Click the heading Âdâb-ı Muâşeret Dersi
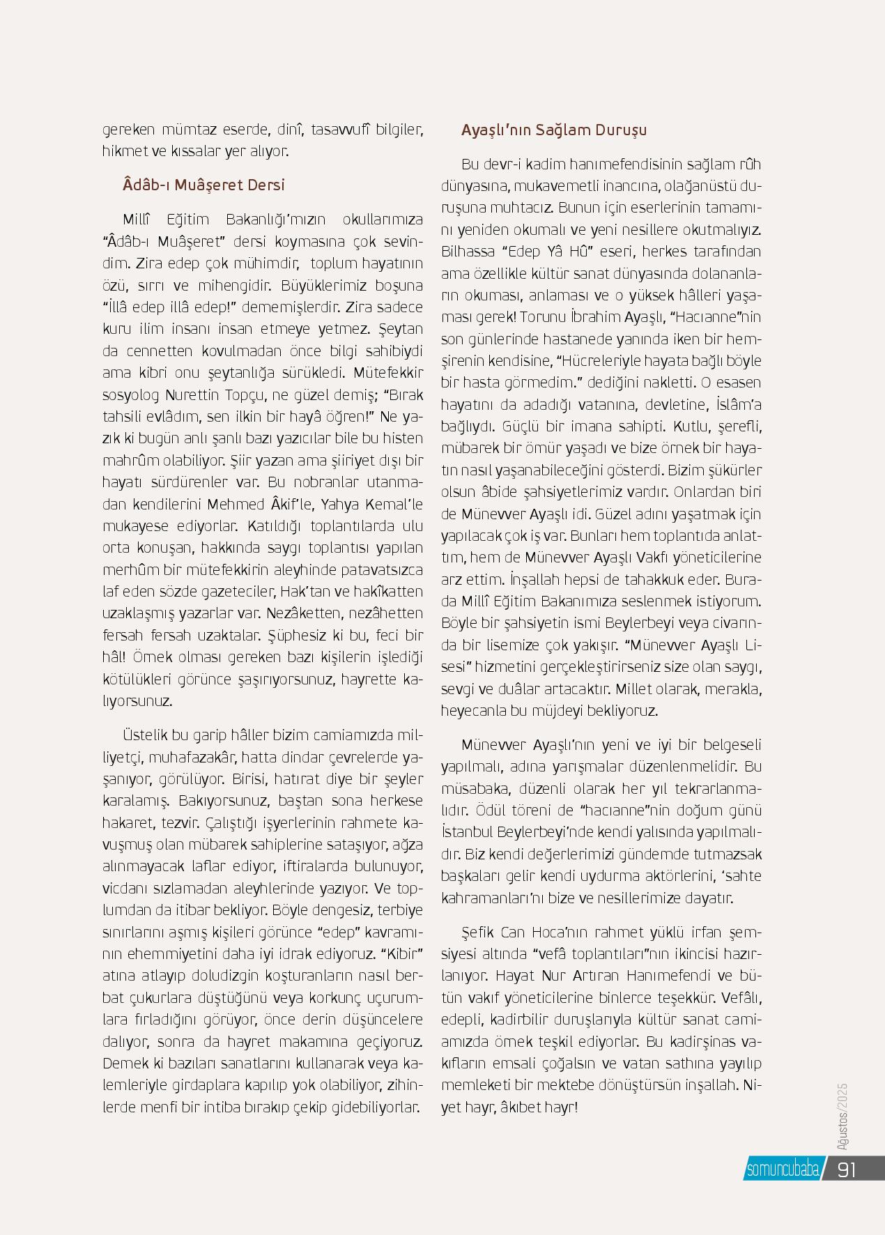click(203, 185)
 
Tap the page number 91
click(847, 1169)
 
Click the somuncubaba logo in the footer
click(782, 1169)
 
